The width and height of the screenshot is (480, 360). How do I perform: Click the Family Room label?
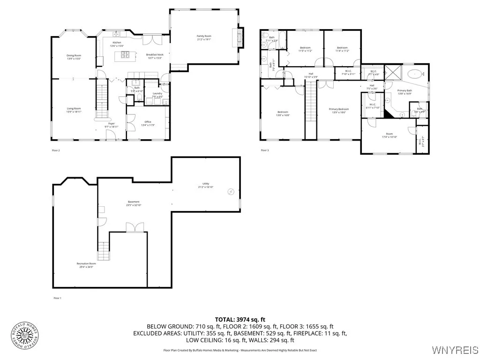(x=204, y=37)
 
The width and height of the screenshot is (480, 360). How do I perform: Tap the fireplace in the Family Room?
(x=240, y=37)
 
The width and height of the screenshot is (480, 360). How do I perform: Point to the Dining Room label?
(x=74, y=57)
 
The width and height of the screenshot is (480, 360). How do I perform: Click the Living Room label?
(x=74, y=110)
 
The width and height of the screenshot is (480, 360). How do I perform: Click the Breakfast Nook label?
(x=154, y=56)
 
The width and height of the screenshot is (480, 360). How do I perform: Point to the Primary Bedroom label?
(x=339, y=111)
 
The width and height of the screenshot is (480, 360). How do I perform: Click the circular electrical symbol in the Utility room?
(x=231, y=191)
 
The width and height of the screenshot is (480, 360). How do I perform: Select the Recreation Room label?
(x=86, y=265)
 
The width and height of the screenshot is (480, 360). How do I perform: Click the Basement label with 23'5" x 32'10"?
(x=133, y=203)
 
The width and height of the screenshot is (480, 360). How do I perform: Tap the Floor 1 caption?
(x=57, y=298)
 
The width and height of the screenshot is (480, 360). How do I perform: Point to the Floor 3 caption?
(x=265, y=150)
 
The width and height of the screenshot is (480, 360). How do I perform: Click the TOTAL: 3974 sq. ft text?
(x=240, y=319)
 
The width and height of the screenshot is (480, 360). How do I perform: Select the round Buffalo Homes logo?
(x=25, y=335)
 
